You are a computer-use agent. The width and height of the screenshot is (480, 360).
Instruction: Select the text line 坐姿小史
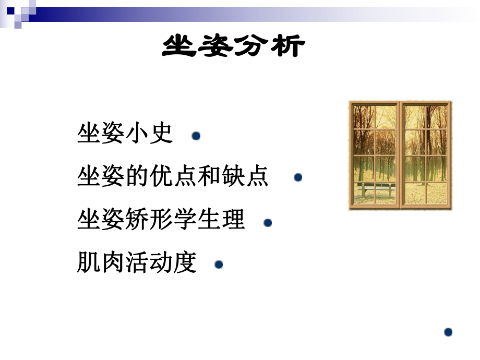(x=124, y=134)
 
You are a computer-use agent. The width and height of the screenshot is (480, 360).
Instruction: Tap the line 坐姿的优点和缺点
(x=173, y=176)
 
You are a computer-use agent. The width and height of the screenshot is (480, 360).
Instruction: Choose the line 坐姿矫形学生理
(x=161, y=220)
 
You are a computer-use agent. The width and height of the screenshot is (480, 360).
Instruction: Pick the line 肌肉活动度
(x=137, y=262)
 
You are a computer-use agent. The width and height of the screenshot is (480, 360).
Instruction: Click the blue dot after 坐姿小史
(x=196, y=136)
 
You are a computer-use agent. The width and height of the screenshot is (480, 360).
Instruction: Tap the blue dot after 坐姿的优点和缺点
(x=298, y=178)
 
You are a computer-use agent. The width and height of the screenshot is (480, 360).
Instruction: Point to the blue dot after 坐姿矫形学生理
(x=268, y=223)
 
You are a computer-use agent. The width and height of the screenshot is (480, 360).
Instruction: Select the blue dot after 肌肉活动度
(x=219, y=265)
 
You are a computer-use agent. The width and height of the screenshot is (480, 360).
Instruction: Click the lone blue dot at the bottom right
(x=448, y=332)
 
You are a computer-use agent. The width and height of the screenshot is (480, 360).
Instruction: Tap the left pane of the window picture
(x=375, y=154)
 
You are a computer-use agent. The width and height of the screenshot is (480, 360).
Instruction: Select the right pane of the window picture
(x=425, y=154)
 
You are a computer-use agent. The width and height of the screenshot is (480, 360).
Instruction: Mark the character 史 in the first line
(x=160, y=134)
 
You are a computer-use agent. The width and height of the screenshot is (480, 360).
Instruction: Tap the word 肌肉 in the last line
(x=101, y=262)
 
